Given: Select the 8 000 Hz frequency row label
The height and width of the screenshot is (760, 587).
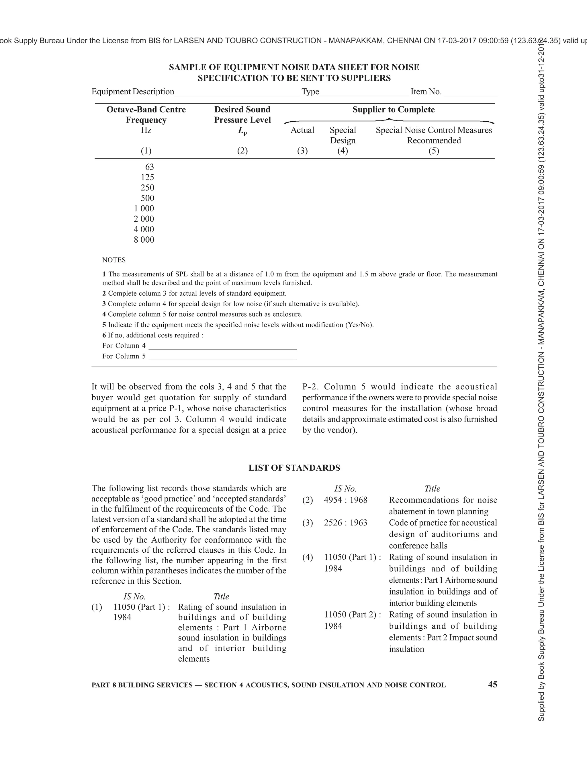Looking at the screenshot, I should (144, 240).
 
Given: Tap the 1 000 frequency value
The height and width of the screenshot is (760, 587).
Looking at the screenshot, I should (144, 208).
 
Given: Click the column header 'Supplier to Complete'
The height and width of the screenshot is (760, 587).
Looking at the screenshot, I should (393, 110).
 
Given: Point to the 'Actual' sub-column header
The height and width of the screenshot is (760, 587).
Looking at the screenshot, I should (302, 130).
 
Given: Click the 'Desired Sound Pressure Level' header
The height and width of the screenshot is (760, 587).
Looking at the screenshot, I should (242, 114).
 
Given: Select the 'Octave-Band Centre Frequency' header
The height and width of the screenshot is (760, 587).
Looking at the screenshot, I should (146, 114).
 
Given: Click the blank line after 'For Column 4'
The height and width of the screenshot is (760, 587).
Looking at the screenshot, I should (222, 347).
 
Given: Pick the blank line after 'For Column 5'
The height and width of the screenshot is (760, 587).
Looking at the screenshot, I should (222, 357).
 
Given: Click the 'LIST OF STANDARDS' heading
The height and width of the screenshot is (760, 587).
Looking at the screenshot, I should (294, 468).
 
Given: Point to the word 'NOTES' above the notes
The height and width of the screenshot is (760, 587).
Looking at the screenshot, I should (114, 260).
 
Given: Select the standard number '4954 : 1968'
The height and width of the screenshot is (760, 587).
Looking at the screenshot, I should (345, 500).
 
